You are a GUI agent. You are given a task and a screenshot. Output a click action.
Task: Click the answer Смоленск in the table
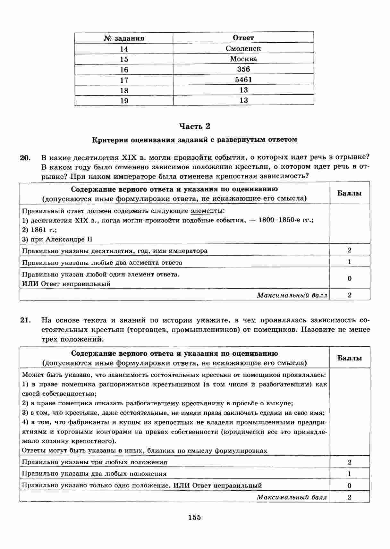pos(243,48)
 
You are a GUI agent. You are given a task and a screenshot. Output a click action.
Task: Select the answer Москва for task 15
pos(243,59)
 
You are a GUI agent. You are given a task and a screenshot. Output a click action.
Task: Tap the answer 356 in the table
pos(243,69)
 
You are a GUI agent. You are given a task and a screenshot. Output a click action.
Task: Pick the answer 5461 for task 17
pos(243,80)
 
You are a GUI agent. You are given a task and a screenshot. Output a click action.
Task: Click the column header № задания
pos(124,38)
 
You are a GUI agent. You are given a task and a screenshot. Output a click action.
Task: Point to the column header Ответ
pos(243,38)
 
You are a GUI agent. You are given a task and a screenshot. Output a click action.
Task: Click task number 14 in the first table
pos(124,49)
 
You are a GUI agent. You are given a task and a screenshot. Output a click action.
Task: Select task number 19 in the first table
pos(124,101)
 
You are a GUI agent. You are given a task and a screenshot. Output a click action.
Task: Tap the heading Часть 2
pos(194,126)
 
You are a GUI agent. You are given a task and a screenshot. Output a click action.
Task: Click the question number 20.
pos(25,158)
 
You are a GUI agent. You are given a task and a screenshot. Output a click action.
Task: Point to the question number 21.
pos(25,320)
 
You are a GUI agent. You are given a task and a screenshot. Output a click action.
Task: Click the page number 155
pos(194,517)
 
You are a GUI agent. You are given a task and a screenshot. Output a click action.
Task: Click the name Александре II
pos(69,239)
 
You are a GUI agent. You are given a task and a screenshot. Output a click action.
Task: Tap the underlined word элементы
pos(207,211)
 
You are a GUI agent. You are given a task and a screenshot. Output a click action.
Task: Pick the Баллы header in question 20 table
pos(349,193)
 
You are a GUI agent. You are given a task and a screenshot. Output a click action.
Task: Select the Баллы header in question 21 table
pos(349,358)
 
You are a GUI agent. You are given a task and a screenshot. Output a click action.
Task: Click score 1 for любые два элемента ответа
pos(349,262)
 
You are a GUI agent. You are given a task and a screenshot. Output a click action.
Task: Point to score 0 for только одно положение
pos(349,486)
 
